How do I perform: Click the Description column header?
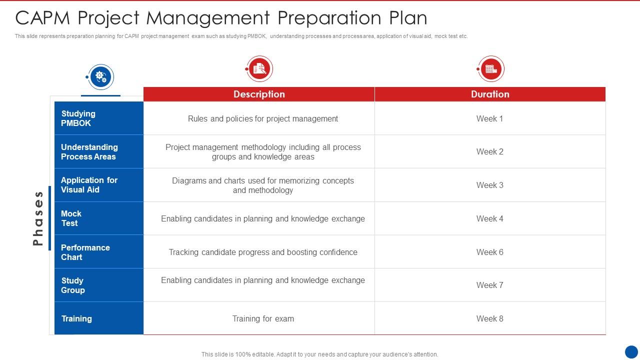click(x=259, y=94)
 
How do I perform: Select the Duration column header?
click(x=490, y=94)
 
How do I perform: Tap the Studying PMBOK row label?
click(x=78, y=118)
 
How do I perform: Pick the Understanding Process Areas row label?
click(x=89, y=152)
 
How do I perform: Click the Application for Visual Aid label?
click(x=89, y=185)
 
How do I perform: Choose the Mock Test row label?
click(x=71, y=218)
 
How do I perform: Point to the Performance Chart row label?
click(x=85, y=252)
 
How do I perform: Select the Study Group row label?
click(x=73, y=285)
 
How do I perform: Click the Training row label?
click(x=76, y=318)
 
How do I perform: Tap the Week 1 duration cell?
click(x=490, y=118)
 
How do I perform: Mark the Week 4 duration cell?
click(x=490, y=218)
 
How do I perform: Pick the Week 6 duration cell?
click(x=490, y=252)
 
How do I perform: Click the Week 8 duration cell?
click(x=490, y=318)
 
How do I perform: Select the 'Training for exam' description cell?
click(x=263, y=318)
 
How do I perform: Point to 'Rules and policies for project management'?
click(x=263, y=118)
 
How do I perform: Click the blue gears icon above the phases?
click(x=101, y=77)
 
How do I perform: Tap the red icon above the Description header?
click(x=259, y=68)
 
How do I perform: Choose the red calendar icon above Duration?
click(x=490, y=68)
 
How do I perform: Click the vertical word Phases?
click(x=38, y=218)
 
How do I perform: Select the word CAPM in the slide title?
click(x=43, y=18)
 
